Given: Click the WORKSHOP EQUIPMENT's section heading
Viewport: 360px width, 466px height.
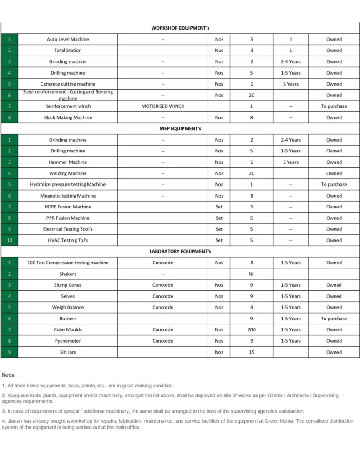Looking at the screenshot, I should point(180,28).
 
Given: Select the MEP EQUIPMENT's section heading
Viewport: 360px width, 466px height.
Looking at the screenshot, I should point(180,129).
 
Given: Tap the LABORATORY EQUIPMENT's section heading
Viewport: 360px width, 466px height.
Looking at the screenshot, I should point(180,251).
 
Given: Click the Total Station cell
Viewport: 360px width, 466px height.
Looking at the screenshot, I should point(68,51).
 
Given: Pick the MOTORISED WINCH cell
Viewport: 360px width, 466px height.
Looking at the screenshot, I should point(163,106).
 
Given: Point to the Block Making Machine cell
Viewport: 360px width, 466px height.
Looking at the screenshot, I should point(68,117).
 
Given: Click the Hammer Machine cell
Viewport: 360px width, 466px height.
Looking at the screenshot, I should point(68,162).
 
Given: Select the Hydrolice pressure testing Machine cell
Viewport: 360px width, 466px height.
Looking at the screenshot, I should point(68,184).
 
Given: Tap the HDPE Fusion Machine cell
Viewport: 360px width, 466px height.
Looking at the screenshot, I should point(68,207).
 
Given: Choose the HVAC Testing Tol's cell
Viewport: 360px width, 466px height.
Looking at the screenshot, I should point(68,240).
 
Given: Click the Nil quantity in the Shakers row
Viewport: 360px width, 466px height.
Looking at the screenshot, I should point(251,274).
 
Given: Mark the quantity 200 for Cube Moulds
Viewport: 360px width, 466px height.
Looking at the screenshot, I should point(251,329).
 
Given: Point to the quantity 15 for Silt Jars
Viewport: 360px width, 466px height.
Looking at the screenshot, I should point(251,352).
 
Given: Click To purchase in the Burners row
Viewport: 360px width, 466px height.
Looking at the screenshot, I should point(334,319).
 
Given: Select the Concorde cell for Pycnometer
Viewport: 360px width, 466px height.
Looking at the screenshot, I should point(163,341).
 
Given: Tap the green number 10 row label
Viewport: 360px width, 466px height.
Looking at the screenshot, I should point(9,240).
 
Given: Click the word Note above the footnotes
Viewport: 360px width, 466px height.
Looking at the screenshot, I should point(8,375).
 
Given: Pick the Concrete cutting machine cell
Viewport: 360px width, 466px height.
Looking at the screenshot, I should point(68,84).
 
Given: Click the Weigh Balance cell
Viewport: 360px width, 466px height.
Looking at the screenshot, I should point(68,307).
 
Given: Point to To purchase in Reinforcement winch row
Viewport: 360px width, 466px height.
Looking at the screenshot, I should point(334,106).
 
